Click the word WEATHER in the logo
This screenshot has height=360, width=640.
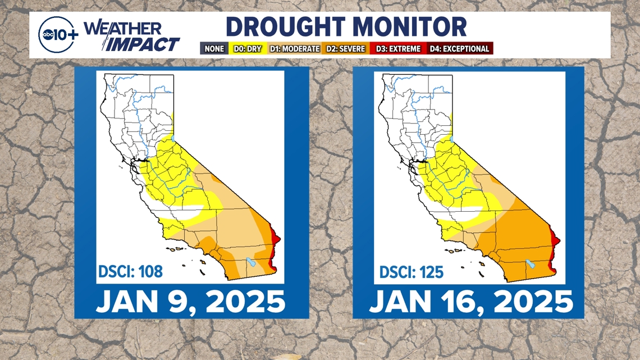point(123,28)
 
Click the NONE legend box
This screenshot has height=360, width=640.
point(214,49)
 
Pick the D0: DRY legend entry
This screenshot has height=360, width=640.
point(246,49)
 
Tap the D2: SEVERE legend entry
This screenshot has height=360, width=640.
point(345,49)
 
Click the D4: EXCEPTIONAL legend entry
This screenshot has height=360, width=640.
point(459,49)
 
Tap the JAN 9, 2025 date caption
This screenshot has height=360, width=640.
point(191,302)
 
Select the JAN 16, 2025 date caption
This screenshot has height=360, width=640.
point(470,302)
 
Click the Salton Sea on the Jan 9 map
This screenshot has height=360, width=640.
point(252,262)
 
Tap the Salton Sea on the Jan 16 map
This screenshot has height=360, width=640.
point(529,263)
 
